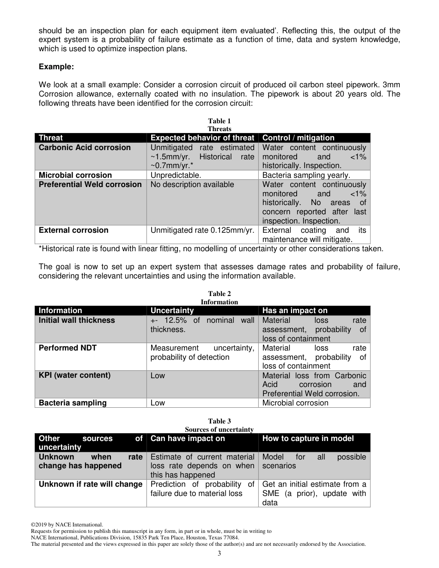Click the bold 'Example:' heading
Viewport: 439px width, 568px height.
pyautogui.click(x=56, y=66)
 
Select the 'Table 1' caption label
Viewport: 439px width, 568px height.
pyautogui.click(x=219, y=121)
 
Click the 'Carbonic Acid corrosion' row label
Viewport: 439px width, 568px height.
pyautogui.click(x=85, y=148)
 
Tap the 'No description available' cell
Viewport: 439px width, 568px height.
pyautogui.click(x=192, y=184)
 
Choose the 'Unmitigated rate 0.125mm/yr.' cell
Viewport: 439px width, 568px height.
pyautogui.click(x=202, y=230)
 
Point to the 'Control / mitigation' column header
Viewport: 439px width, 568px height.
pyautogui.click(x=298, y=138)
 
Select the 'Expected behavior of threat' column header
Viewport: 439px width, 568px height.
pyautogui.click(x=202, y=138)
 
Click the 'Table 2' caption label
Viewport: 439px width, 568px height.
pyautogui.click(x=219, y=294)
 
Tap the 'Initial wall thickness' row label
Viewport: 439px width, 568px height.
pyautogui.click(x=77, y=320)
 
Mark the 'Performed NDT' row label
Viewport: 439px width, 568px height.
pyautogui.click(x=67, y=348)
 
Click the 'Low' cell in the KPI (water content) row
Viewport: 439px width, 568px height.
pyautogui.click(x=158, y=375)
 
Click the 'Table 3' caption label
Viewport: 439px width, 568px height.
pyautogui.click(x=219, y=421)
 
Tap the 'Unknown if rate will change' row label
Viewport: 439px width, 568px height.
pyautogui.click(x=91, y=484)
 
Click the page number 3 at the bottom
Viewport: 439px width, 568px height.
pyautogui.click(x=219, y=554)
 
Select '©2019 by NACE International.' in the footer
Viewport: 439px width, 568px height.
pyautogui.click(x=67, y=525)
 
